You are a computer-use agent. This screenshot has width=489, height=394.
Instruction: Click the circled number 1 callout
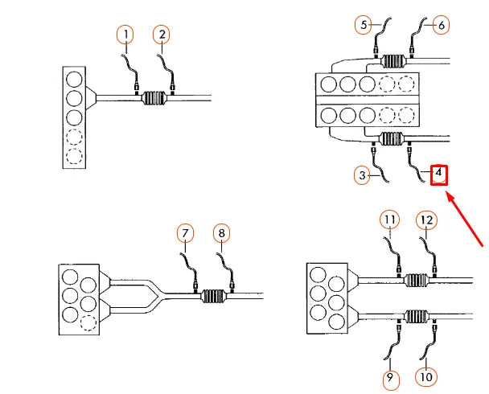coord(125,34)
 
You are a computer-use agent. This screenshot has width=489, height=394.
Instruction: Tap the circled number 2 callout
coord(163,34)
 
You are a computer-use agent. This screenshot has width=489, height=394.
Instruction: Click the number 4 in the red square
coord(438,174)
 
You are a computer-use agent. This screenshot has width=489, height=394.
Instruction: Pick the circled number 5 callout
coord(364,25)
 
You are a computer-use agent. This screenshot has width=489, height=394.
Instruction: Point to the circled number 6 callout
coord(442,25)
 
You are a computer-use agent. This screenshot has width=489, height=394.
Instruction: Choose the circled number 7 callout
coord(187,234)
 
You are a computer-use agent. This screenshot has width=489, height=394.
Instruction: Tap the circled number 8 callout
coord(222,234)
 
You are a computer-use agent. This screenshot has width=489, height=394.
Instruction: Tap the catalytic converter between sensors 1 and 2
coord(154,99)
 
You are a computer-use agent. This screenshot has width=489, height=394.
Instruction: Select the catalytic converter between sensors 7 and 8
coord(213,295)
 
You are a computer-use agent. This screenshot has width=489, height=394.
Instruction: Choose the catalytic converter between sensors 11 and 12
coord(417,281)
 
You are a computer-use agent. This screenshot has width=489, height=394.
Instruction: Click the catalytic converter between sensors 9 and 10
coord(417,317)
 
